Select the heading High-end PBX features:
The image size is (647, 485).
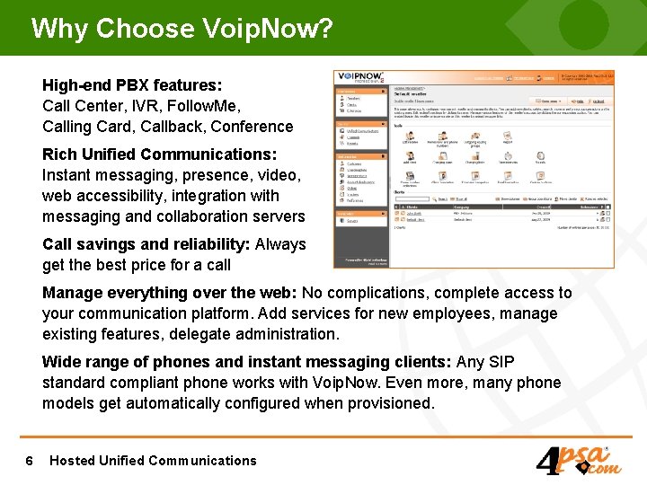(132, 85)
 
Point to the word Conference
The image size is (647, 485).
(252, 127)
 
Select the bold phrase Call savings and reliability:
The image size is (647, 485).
(146, 244)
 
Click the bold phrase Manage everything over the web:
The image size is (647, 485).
(170, 293)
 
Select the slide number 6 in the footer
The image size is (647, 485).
(30, 461)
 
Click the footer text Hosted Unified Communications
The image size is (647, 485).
(153, 461)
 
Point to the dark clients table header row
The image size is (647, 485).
(503, 207)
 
